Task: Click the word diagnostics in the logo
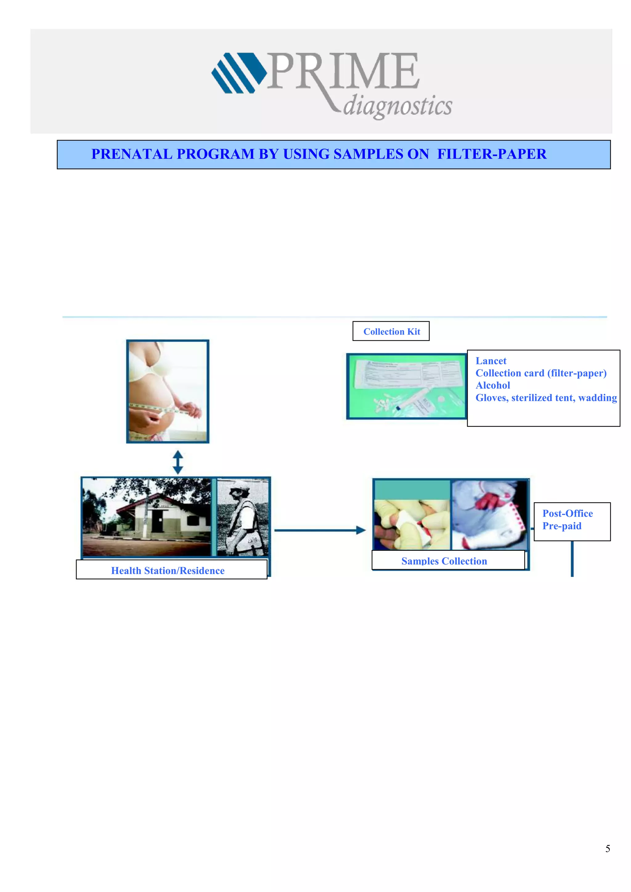click(397, 106)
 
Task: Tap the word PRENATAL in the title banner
click(132, 154)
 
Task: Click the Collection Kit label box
click(391, 331)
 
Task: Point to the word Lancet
click(491, 361)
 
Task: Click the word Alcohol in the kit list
click(493, 385)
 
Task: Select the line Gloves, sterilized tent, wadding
click(546, 398)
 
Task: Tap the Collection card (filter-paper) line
click(540, 373)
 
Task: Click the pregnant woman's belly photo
click(168, 391)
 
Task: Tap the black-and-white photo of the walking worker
click(242, 517)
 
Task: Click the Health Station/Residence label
click(168, 570)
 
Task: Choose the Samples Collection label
click(444, 561)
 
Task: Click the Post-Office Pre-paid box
click(572, 521)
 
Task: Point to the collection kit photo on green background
click(406, 386)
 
